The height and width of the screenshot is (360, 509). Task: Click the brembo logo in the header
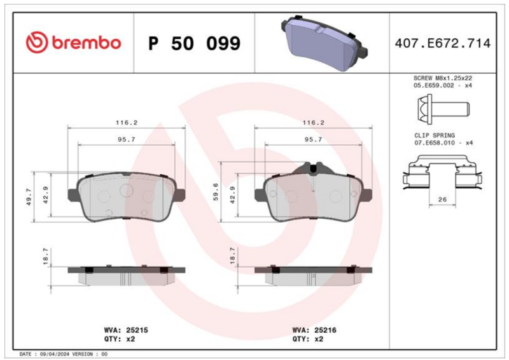pyautogui.click(x=73, y=43)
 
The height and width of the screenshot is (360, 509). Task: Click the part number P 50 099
pyautogui.click(x=194, y=43)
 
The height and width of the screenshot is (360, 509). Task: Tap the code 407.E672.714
pyautogui.click(x=442, y=43)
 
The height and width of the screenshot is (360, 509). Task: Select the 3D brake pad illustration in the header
pyautogui.click(x=324, y=43)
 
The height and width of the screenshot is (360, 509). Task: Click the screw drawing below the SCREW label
pyautogui.click(x=443, y=109)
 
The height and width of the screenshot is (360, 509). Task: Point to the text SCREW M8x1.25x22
pyautogui.click(x=442, y=78)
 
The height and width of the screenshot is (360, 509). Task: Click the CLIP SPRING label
pyautogui.click(x=435, y=135)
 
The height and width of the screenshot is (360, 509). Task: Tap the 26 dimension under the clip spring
pyautogui.click(x=442, y=199)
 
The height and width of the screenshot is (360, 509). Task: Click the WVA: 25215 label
pyautogui.click(x=126, y=330)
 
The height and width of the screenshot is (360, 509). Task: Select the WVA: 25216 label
pyautogui.click(x=314, y=330)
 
